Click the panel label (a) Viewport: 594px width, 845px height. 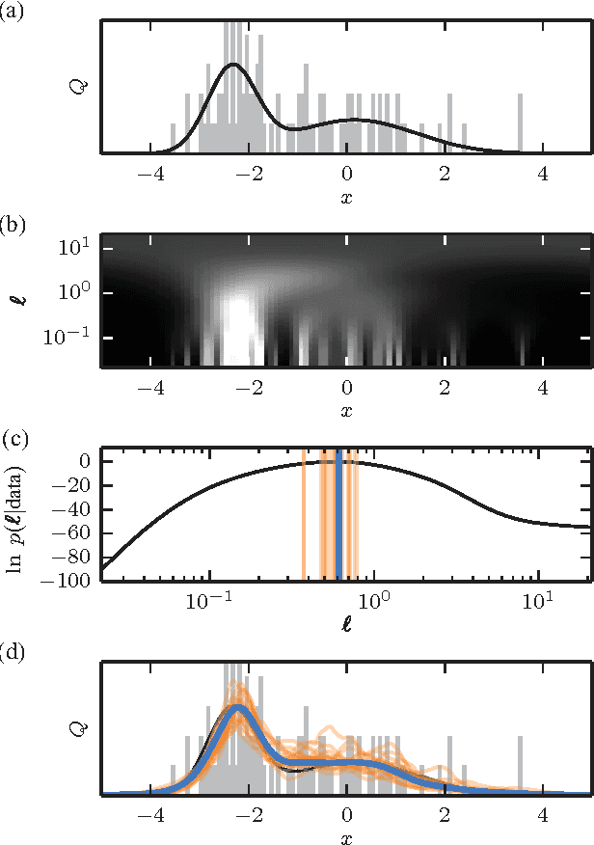pyautogui.click(x=13, y=13)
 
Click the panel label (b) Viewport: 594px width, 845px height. pyautogui.click(x=13, y=227)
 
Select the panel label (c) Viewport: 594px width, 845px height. pyautogui.click(x=13, y=441)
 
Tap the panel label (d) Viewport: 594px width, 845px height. pyautogui.click(x=13, y=655)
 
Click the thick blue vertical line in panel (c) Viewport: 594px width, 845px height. pyautogui.click(x=339, y=514)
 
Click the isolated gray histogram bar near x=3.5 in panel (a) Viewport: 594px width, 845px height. pyautogui.click(x=520, y=123)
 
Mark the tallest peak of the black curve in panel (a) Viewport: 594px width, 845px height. pyautogui.click(x=232, y=66)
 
